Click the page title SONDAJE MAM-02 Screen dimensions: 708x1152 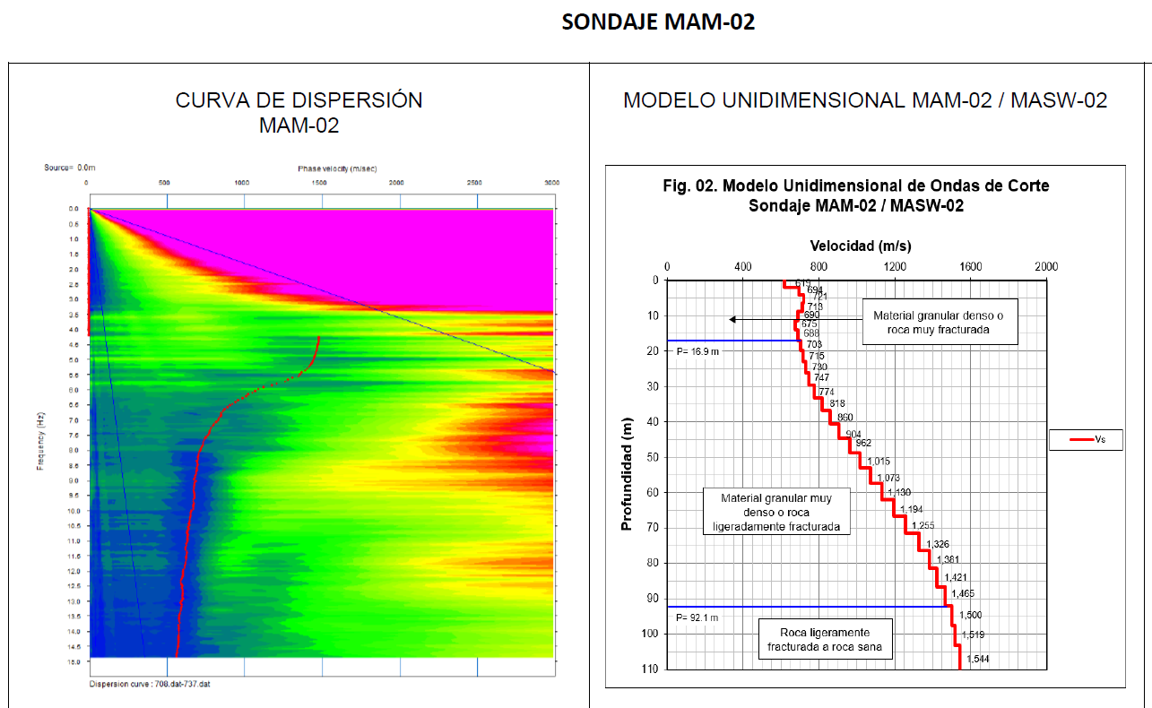[x=658, y=22]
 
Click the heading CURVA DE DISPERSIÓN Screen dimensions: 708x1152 [x=299, y=100]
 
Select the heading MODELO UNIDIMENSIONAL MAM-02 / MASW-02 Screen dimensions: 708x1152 [x=865, y=100]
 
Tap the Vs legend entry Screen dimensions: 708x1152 [x=1086, y=439]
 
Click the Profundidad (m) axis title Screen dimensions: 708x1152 [x=627, y=473]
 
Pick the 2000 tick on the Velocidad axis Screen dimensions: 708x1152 [x=1045, y=266]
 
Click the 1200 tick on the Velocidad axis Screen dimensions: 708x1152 [x=894, y=266]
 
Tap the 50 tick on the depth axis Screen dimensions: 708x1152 [x=653, y=457]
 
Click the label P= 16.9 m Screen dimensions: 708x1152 [x=695, y=351]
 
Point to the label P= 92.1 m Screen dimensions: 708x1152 [x=695, y=617]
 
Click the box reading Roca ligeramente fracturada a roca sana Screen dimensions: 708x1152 [x=825, y=640]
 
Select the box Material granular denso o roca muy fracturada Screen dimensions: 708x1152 [x=940, y=322]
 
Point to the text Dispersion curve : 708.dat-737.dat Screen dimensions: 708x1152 [x=150, y=685]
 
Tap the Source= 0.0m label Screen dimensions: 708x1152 [x=69, y=168]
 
